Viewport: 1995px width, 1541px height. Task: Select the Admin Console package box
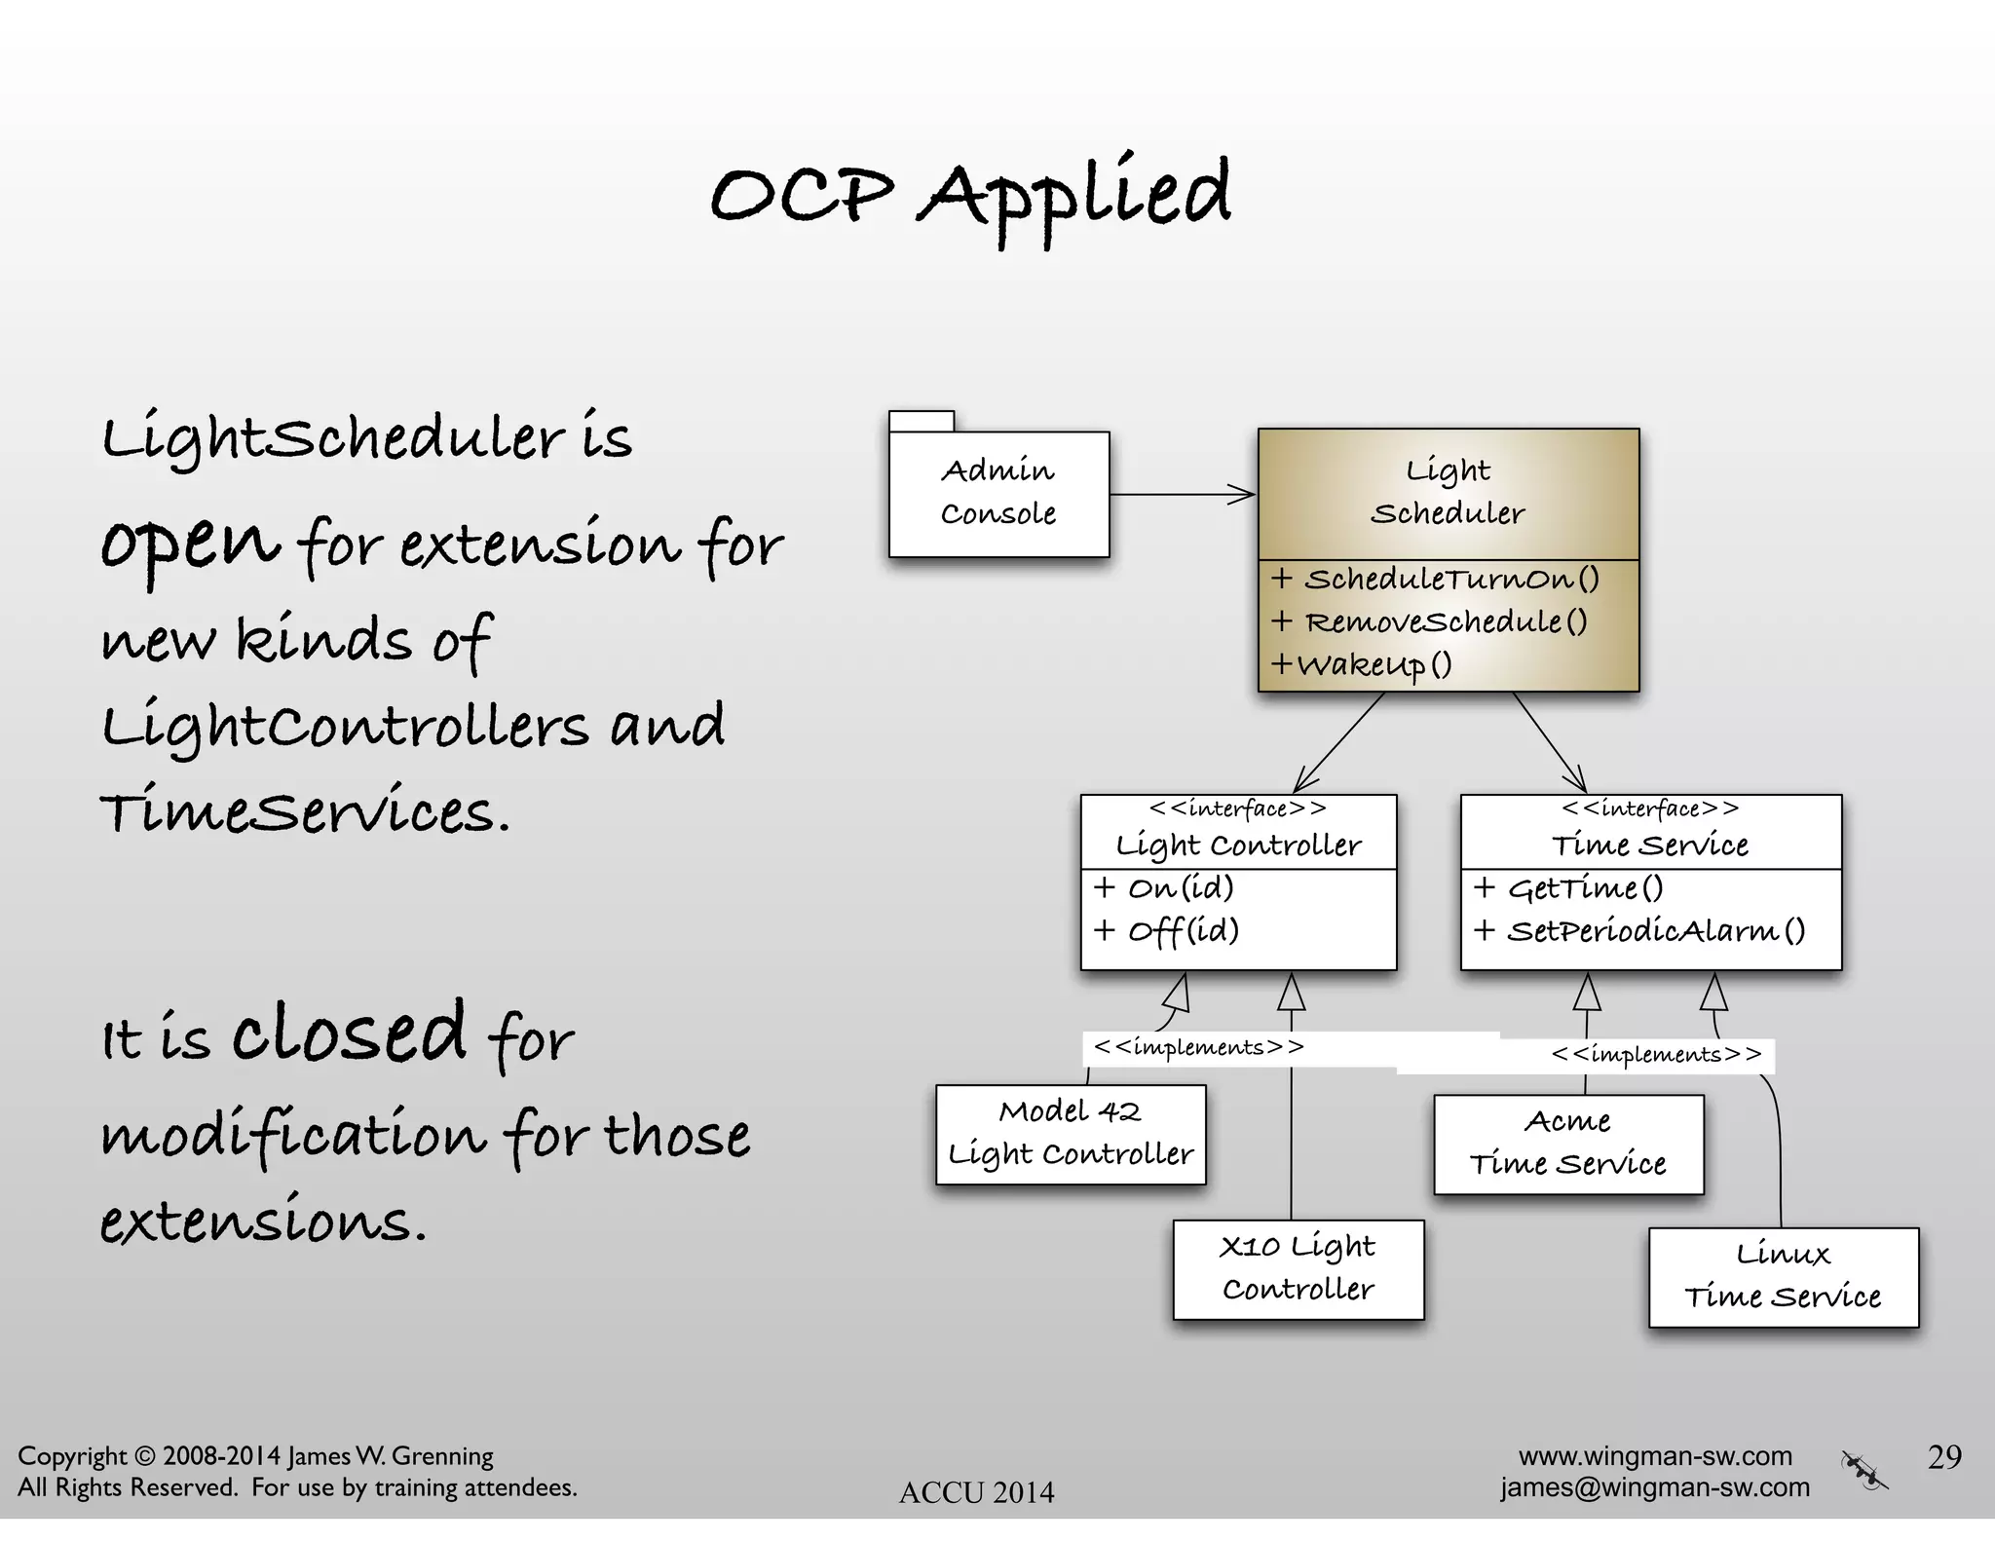998,493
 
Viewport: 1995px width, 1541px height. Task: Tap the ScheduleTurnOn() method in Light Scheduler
1436,580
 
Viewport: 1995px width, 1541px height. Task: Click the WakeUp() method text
1363,665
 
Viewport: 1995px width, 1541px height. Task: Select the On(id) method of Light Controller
1165,888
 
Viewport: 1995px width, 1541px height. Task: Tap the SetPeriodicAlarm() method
1640,931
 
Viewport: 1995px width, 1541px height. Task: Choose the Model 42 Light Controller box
1071,1134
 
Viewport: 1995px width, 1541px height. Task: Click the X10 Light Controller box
1298,1268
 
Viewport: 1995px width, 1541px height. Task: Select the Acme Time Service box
1568,1144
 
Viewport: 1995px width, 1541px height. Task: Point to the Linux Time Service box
1783,1276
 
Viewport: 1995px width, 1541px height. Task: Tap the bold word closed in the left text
349,1033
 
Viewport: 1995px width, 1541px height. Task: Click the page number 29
1944,1457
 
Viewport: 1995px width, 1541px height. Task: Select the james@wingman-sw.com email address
1655,1487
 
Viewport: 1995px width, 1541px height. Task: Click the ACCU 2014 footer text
976,1492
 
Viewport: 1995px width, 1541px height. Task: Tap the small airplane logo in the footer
1863,1470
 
